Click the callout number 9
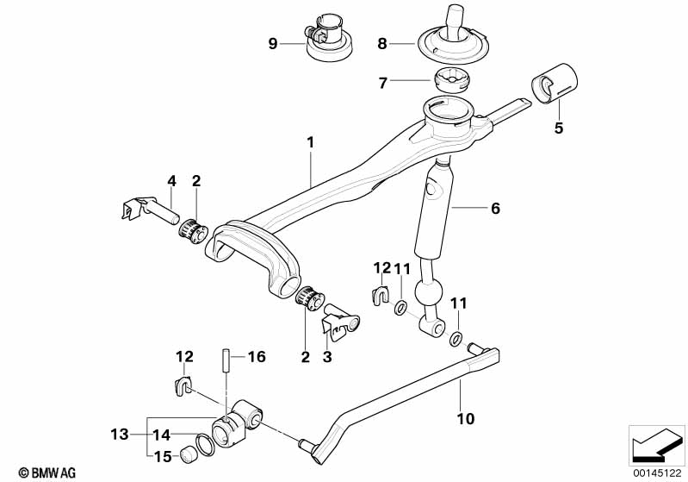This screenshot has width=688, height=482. point(274,43)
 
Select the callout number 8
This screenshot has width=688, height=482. point(384,42)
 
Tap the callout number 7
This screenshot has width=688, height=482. point(384,82)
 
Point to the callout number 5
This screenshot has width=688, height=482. point(558,128)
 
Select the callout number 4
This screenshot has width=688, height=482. point(171,181)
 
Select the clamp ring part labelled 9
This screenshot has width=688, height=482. point(328,41)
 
